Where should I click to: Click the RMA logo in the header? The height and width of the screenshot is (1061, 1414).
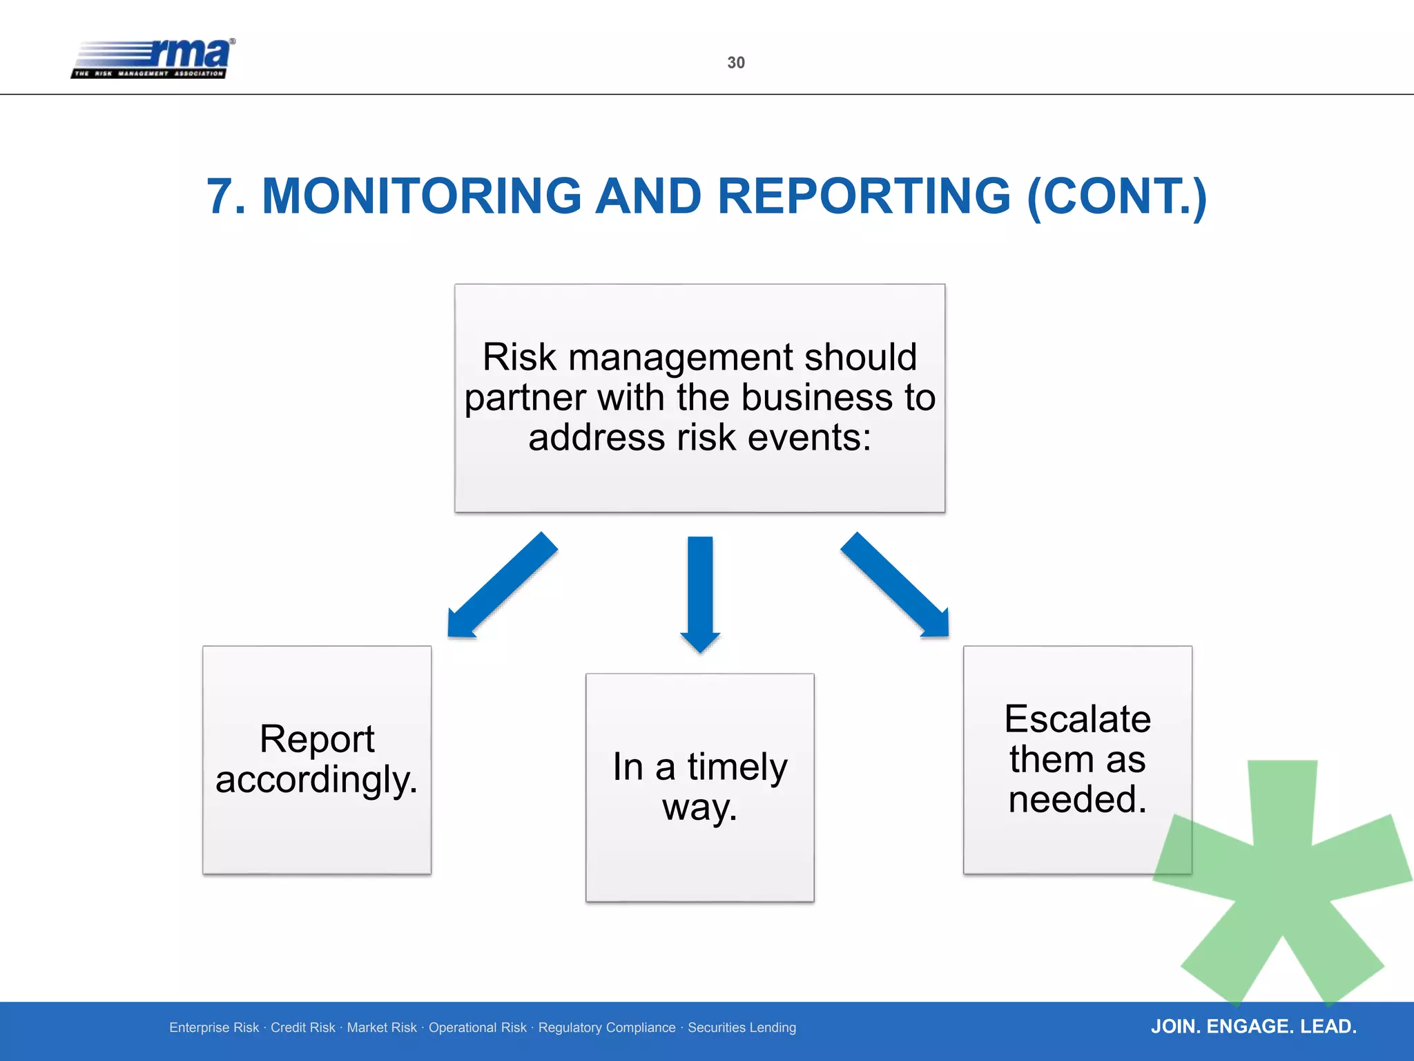coord(153,59)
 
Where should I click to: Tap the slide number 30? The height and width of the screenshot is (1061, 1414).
coord(736,63)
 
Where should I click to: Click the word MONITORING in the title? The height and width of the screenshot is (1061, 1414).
coord(422,196)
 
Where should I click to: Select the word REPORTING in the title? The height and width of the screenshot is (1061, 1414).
coord(864,196)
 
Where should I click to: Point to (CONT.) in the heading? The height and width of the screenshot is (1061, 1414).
coord(1116,196)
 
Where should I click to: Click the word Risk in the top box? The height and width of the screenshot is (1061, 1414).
coord(519,357)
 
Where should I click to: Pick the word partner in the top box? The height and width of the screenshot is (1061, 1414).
coord(525,398)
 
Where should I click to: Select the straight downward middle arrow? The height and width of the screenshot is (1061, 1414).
coord(700,594)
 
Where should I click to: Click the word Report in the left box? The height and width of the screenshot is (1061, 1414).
coord(317,739)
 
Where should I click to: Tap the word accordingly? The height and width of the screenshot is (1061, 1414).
coord(316,780)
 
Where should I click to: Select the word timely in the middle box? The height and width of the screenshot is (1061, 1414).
coord(737,767)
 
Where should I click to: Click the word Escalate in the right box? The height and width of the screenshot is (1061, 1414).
coord(1077,719)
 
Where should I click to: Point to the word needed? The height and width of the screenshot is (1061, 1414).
coord(1077,799)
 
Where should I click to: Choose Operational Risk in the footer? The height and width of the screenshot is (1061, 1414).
coord(477,1028)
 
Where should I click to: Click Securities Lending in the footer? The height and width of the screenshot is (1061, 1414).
coord(742,1028)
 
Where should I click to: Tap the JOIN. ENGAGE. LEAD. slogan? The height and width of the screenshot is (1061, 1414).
coord(1253,1026)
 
